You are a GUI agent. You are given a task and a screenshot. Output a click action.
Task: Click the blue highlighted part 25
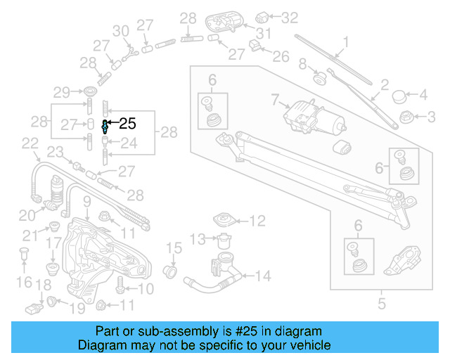click(105, 126)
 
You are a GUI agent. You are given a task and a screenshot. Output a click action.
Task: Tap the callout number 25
click(127, 124)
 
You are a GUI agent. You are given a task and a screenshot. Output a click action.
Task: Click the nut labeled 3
click(405, 116)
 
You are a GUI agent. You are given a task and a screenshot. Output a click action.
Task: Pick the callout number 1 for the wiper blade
click(345, 41)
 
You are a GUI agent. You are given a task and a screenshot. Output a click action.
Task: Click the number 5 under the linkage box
click(382, 304)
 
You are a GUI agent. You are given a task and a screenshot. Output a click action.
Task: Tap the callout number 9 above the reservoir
click(86, 203)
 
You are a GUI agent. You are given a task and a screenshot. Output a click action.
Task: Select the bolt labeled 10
click(120, 288)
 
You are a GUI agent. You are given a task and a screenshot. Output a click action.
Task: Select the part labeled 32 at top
click(265, 15)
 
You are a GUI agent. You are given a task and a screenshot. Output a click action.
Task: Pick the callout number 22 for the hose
click(30, 144)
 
